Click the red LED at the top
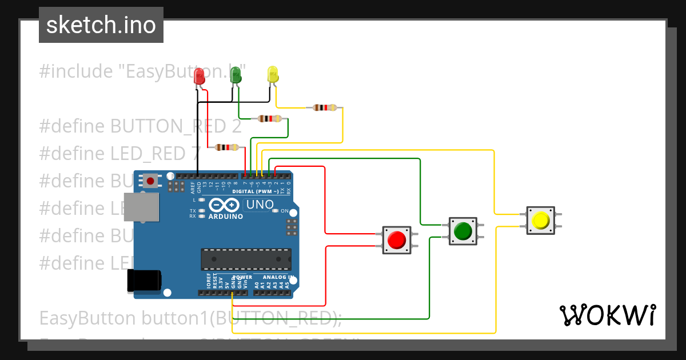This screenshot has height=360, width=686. click(200, 77)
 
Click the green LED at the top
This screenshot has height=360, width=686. click(235, 75)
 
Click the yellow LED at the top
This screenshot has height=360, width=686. click(273, 74)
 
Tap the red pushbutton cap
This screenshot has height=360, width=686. click(396, 240)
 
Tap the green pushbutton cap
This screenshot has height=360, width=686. click(462, 231)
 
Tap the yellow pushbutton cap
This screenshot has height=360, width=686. click(541, 221)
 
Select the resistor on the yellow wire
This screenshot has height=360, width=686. click(325, 107)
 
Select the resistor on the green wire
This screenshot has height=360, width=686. click(270, 119)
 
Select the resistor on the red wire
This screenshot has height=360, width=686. click(227, 147)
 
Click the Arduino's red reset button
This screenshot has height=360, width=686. click(150, 181)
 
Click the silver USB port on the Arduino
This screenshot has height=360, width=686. click(142, 206)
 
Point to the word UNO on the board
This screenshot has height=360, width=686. click(260, 205)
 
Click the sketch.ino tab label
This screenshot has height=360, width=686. click(101, 25)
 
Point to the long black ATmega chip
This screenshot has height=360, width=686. click(245, 259)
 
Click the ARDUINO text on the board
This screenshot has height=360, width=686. click(225, 217)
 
